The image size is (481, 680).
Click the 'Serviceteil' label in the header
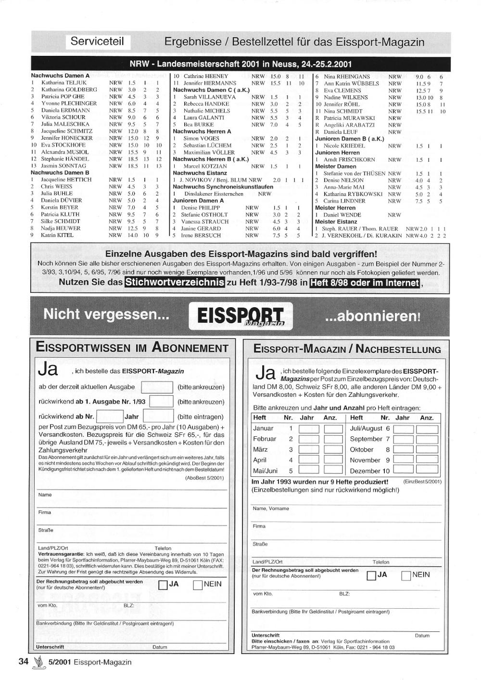[97, 41]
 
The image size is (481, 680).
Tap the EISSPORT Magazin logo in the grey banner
[240, 316]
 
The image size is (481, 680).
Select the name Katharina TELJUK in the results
[64, 83]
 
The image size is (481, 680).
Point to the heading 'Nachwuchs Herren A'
[202, 131]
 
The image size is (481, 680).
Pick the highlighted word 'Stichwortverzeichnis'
[175, 282]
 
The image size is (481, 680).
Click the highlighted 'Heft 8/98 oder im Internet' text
[365, 283]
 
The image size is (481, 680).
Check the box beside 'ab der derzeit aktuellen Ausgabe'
[157, 387]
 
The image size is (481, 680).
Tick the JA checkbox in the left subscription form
[163, 585]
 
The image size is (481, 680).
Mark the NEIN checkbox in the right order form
[406, 575]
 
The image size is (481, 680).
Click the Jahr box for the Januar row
[309, 429]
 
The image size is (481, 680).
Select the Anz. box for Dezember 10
[427, 470]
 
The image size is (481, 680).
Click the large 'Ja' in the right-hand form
[265, 373]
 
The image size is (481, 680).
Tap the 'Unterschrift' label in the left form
[50, 647]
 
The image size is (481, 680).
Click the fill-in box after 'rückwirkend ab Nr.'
[110, 417]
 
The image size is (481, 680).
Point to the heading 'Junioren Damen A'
[198, 201]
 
